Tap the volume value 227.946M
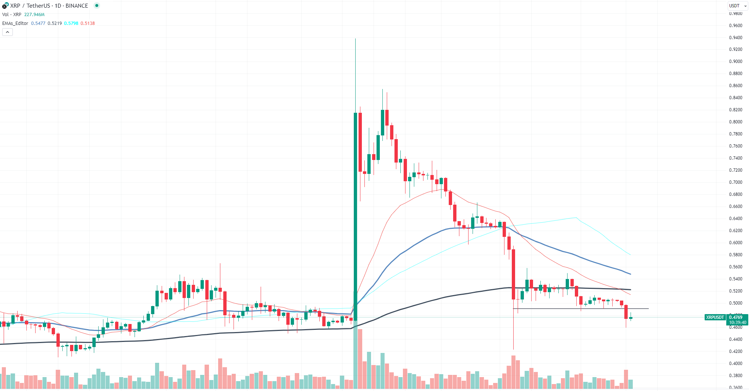click(34, 15)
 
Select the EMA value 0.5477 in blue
click(38, 23)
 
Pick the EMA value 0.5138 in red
click(88, 23)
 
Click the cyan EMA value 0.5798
click(71, 23)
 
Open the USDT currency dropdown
click(737, 6)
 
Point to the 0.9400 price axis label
click(735, 38)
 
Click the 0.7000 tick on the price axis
click(735, 182)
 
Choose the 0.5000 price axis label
click(735, 303)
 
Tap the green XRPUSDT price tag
click(715, 317)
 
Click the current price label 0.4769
click(736, 317)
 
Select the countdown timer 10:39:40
click(737, 323)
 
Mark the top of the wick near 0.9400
click(355, 39)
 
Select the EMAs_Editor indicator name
click(15, 23)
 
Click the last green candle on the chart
click(631, 318)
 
